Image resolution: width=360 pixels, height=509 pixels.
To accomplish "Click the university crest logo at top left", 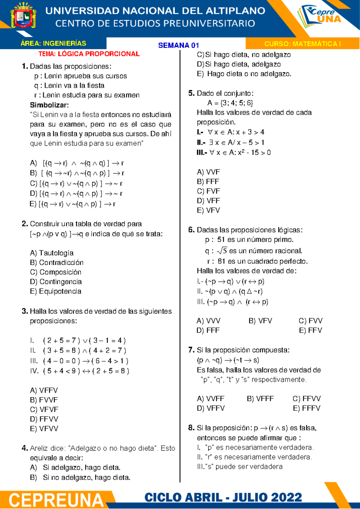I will click(x=23, y=16).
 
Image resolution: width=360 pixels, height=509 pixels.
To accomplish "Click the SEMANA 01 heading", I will click(x=178, y=45).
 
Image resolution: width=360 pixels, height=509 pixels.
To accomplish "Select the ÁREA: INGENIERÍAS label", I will click(x=53, y=43).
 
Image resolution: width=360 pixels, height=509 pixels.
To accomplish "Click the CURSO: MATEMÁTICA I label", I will click(x=302, y=44).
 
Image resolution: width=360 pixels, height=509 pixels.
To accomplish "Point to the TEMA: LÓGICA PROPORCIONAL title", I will click(x=89, y=54).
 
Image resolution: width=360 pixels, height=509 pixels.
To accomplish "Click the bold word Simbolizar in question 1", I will click(x=49, y=105).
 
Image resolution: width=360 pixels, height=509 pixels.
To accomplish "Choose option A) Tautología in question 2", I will click(x=52, y=253).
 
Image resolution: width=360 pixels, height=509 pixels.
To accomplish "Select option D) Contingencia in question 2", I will click(x=56, y=282).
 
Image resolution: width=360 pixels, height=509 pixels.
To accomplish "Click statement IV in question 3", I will click(x=79, y=371).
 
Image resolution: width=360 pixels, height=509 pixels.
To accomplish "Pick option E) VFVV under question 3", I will click(x=44, y=429).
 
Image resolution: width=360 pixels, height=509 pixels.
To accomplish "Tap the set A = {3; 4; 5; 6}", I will click(x=230, y=103).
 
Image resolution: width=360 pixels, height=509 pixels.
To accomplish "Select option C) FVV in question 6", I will click(x=310, y=321).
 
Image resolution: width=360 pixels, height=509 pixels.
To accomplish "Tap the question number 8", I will click(x=191, y=428).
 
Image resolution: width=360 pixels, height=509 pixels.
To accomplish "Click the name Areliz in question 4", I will click(x=39, y=448).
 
